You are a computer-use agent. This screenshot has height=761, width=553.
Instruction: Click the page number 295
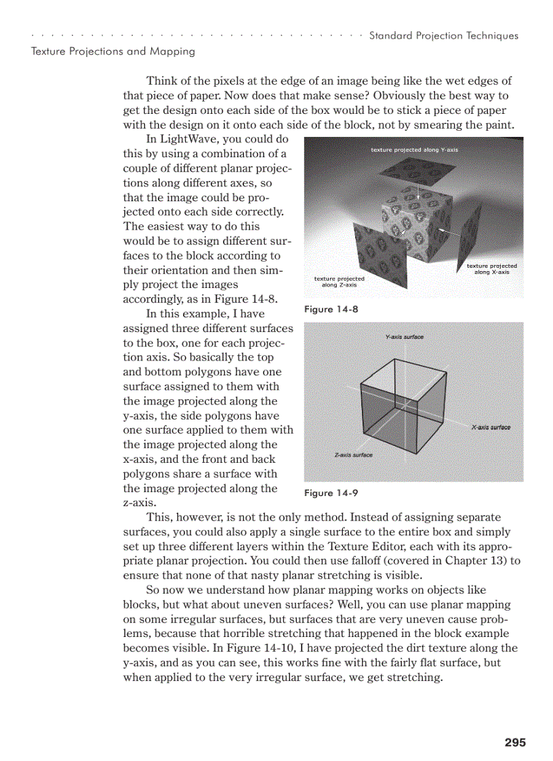click(515, 743)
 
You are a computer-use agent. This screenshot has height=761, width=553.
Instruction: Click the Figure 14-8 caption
click(331, 309)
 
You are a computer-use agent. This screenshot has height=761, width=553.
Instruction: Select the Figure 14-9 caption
click(331, 493)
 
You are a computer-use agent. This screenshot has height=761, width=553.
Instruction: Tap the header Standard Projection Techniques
click(443, 36)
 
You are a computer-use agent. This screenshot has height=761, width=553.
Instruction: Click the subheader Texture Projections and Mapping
click(113, 51)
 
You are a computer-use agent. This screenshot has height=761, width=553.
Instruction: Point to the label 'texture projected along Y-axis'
click(414, 149)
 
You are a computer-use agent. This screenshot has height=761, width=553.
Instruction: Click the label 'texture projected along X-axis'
click(492, 268)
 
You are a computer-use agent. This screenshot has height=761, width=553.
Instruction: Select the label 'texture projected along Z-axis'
click(339, 281)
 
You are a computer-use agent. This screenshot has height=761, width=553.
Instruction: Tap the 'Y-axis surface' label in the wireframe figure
click(404, 337)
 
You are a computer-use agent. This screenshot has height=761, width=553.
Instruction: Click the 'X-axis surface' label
click(491, 428)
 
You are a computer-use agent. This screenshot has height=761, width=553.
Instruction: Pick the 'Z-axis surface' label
click(354, 455)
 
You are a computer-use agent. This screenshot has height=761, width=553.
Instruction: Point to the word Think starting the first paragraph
click(161, 81)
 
